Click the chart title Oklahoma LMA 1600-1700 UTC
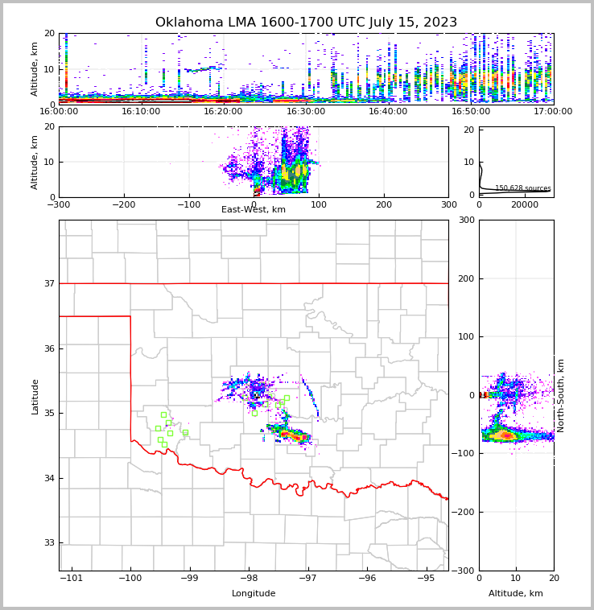pos(306,23)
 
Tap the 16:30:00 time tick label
pos(306,111)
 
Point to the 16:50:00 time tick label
pos(471,111)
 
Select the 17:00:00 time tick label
pos(553,111)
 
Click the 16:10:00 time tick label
pos(142,111)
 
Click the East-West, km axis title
pos(254,210)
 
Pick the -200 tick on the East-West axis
pos(123,204)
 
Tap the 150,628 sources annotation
pos(522,188)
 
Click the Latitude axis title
pos(35,396)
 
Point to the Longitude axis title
pos(254,594)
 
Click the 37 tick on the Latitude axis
pos(49,283)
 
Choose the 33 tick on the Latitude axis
pos(49,543)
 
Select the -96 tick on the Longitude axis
pos(367,578)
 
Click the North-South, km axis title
pos(562,395)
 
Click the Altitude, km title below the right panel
pos(516,594)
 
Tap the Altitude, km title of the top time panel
pos(35,69)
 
